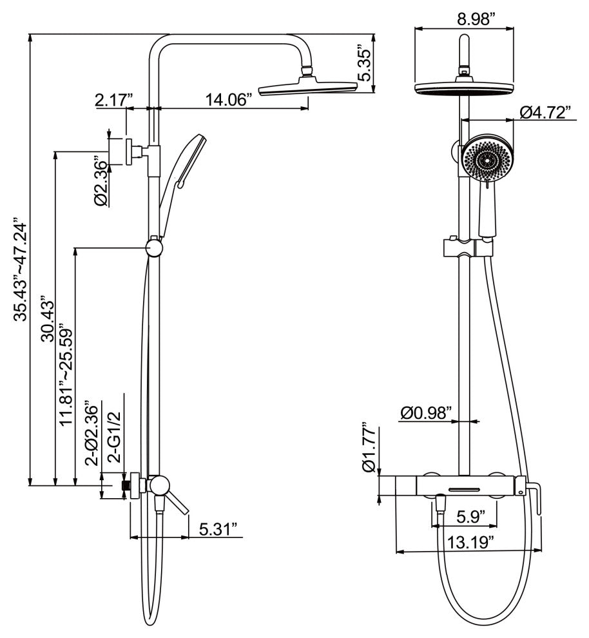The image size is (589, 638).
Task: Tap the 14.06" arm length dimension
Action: pos(233,99)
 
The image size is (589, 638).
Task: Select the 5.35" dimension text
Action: pos(365,64)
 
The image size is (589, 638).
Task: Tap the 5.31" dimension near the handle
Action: pos(218,529)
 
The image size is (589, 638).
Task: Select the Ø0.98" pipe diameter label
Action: pos(426,413)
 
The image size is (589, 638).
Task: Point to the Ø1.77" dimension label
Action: pos(368,448)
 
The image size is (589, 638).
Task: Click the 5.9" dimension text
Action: pos(466,516)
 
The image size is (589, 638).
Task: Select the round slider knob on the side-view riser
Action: pos(155,247)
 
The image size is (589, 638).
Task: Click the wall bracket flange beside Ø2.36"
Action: pos(130,152)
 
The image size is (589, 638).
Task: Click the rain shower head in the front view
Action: pos(465,88)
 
